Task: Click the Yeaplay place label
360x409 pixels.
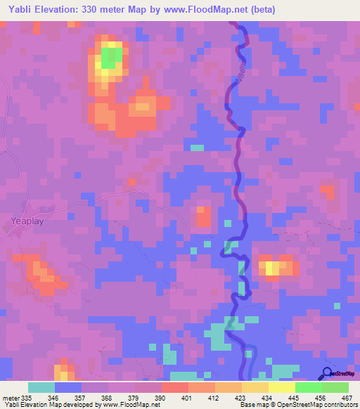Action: (x=27, y=221)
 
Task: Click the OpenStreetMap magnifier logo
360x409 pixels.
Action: (x=326, y=374)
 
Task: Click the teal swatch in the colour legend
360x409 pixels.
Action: (x=41, y=387)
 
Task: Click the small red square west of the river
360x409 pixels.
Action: (x=203, y=216)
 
